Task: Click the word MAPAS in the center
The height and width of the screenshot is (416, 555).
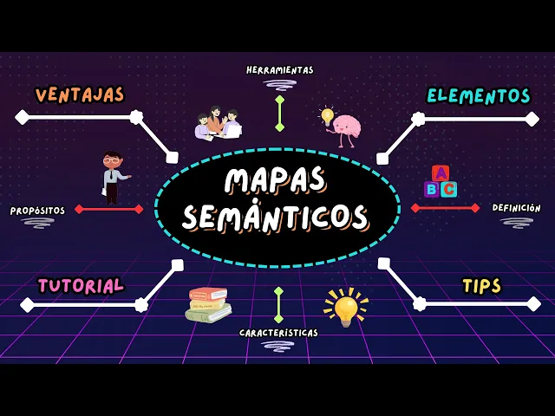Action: click(x=276, y=179)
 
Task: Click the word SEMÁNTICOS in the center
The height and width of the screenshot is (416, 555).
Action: click(x=275, y=216)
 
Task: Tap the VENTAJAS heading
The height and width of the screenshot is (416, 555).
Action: click(x=80, y=94)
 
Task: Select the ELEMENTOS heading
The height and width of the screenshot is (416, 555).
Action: click(x=479, y=95)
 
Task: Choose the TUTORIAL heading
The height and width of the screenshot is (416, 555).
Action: click(x=81, y=285)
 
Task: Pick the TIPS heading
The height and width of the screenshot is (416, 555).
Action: click(x=481, y=286)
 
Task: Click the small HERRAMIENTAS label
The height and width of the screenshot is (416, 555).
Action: click(x=279, y=70)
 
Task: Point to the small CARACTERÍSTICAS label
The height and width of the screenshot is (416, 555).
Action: click(x=278, y=333)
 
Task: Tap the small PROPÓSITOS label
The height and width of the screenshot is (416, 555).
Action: click(x=37, y=211)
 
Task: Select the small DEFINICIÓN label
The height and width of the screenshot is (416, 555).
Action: click(x=516, y=208)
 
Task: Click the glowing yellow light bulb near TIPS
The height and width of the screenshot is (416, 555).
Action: click(x=346, y=307)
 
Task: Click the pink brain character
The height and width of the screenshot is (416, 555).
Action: click(x=346, y=128)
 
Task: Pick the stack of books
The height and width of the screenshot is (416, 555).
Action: click(x=208, y=304)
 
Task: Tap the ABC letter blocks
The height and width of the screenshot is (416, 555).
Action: click(x=441, y=181)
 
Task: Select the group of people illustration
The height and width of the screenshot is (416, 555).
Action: click(x=218, y=124)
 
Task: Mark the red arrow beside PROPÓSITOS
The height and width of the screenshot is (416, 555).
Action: click(x=109, y=209)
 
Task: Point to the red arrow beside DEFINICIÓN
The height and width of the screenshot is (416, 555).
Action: click(x=445, y=208)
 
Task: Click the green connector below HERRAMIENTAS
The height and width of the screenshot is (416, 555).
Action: click(x=279, y=114)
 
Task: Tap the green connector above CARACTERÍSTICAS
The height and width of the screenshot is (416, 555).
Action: click(x=278, y=304)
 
